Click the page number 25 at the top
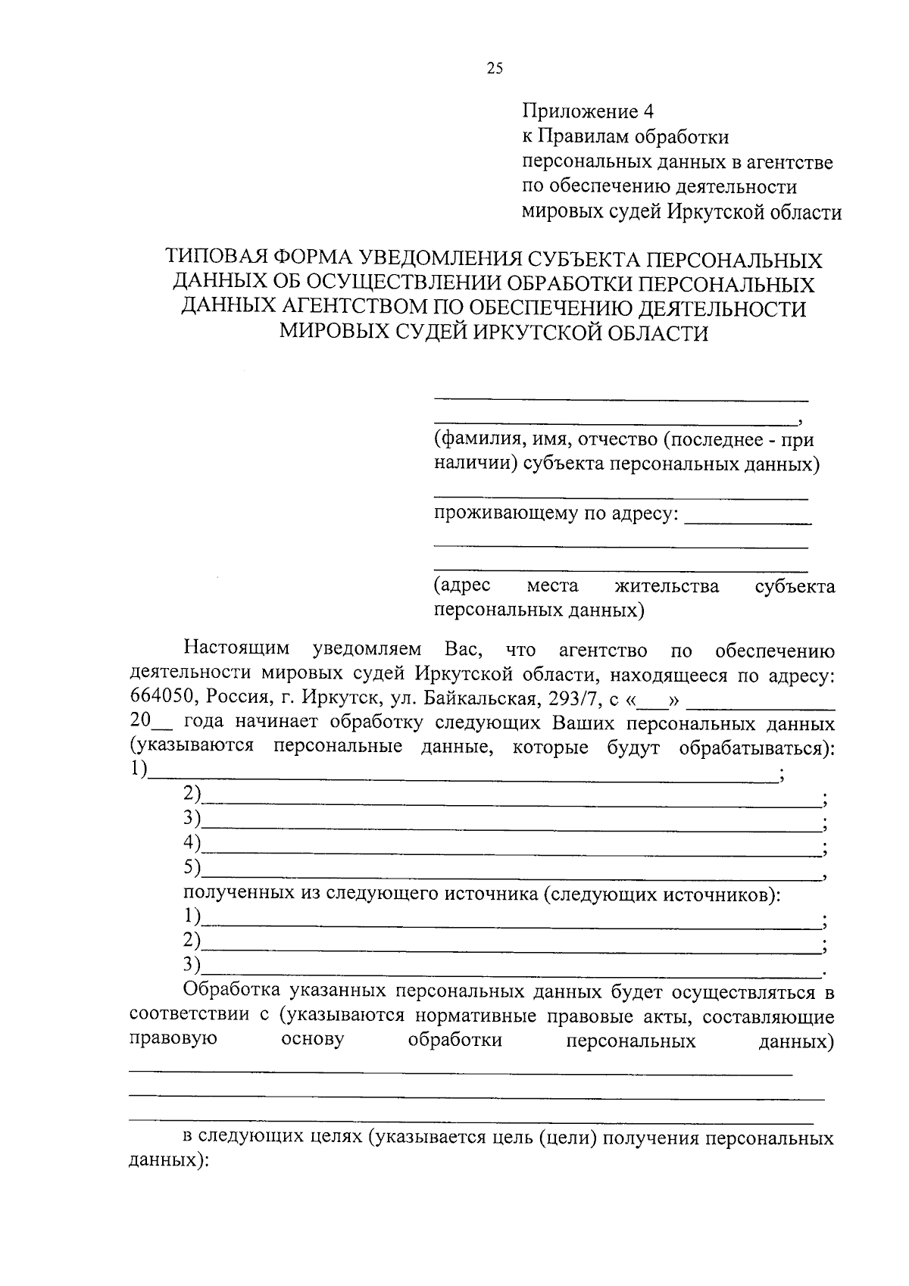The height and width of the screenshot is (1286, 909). (494, 69)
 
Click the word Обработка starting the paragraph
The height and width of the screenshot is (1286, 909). (232, 991)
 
